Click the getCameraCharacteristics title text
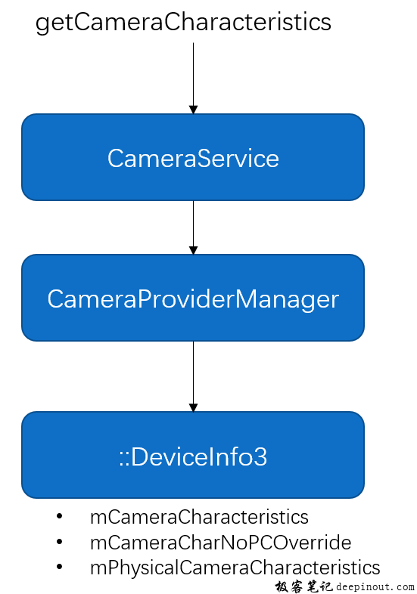pyautogui.click(x=183, y=22)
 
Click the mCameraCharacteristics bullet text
pyautogui.click(x=199, y=517)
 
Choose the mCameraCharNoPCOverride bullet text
pyautogui.click(x=220, y=542)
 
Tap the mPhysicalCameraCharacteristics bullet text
pyautogui.click(x=235, y=567)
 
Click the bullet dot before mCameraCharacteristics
pyautogui.click(x=60, y=517)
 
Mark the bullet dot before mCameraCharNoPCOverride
pyautogui.click(x=60, y=542)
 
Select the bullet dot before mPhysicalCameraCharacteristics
pyautogui.click(x=60, y=567)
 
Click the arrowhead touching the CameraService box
pyautogui.click(x=193, y=110)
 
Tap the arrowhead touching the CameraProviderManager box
pyautogui.click(x=193, y=250)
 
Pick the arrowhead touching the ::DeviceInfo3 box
pyautogui.click(x=193, y=407)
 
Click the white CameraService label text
pyautogui.click(x=193, y=158)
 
